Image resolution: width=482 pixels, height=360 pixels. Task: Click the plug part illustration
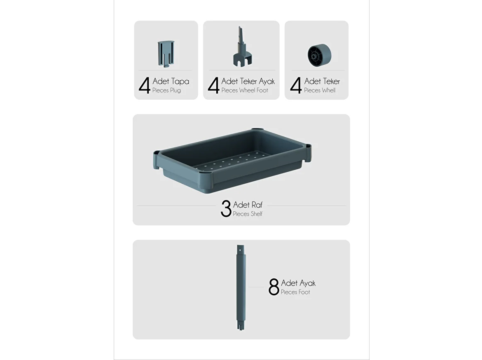(166, 54)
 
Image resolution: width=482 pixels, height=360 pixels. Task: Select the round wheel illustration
(319, 55)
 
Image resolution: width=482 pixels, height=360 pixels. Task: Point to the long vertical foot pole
(241, 288)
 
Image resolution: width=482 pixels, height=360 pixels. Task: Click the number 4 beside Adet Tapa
(145, 85)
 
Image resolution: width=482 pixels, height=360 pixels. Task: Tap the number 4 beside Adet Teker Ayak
(214, 85)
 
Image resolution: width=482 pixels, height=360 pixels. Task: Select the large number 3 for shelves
(226, 208)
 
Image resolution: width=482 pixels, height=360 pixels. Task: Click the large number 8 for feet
(274, 287)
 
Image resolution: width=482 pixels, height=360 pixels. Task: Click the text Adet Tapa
(171, 81)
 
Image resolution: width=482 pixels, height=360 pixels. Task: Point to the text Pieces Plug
(166, 90)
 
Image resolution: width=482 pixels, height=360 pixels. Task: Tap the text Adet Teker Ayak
(248, 81)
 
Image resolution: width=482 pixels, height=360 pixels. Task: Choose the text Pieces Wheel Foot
(245, 90)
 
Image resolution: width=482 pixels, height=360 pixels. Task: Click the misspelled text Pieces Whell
(320, 90)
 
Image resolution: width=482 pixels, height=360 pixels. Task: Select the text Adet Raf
(248, 205)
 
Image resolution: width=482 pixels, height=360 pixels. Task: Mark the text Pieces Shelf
(248, 214)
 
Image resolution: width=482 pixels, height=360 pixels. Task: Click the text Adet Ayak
(298, 283)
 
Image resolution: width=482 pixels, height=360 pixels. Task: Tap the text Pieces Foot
(295, 292)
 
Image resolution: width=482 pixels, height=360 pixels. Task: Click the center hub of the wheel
(313, 56)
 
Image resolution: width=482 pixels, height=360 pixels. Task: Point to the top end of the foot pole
(241, 245)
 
